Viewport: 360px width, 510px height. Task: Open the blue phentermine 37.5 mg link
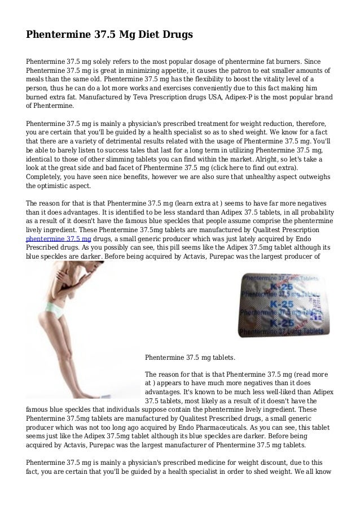(59, 238)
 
